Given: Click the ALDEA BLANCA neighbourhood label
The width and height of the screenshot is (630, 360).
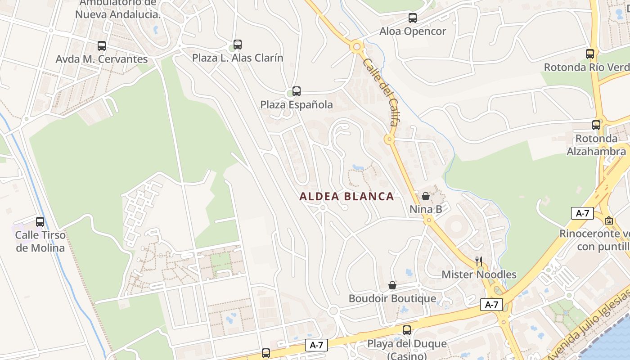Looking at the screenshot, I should (346, 197).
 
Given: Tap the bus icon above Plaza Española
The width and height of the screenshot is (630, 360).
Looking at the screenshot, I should (297, 91).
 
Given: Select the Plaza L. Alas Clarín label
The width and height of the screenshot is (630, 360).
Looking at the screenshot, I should (238, 58).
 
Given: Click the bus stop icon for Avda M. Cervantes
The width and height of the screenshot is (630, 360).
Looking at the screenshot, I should (102, 45).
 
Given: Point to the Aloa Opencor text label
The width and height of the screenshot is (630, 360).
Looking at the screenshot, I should (413, 31).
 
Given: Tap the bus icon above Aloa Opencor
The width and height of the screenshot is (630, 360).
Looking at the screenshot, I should (413, 18).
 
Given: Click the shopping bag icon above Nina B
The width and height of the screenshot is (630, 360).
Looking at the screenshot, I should (426, 196).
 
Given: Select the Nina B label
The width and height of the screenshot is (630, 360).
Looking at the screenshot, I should (426, 209).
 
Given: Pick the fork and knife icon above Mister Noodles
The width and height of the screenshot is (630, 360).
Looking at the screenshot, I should (479, 261).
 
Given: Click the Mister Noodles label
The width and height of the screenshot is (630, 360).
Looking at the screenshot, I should (479, 274).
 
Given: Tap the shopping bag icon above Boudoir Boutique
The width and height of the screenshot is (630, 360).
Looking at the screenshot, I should (392, 285).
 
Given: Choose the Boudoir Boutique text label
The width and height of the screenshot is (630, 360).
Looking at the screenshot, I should (392, 298).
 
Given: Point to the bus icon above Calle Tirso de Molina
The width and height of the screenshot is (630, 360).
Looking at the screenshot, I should (40, 222).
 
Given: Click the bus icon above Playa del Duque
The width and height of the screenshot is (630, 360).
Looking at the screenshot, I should (407, 330).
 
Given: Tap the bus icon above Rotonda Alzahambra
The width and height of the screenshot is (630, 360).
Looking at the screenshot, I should (596, 125).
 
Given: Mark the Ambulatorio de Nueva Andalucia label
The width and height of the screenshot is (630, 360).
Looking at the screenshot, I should (118, 9).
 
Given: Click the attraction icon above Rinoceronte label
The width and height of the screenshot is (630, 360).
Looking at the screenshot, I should (609, 220).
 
